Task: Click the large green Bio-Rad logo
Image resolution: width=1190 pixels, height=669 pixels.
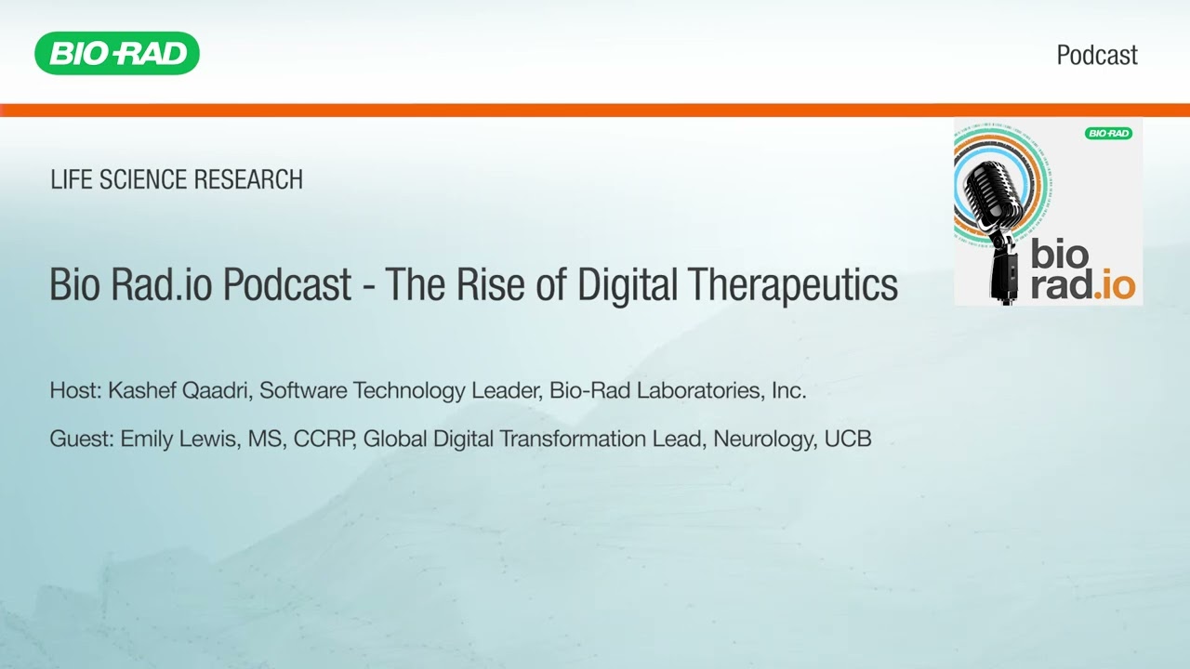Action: click(x=117, y=53)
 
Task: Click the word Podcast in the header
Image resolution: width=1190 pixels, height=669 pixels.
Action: click(x=1097, y=55)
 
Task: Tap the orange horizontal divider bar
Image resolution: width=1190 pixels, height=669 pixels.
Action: click(x=595, y=111)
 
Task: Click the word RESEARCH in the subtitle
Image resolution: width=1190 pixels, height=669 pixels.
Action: click(x=248, y=179)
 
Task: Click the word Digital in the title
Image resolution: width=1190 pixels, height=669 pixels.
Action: click(x=627, y=285)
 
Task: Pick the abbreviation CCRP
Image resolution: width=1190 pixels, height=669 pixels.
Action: click(x=324, y=439)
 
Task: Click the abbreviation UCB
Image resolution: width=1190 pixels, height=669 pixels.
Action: click(x=848, y=439)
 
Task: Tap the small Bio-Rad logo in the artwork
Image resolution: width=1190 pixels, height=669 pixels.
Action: click(x=1108, y=133)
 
